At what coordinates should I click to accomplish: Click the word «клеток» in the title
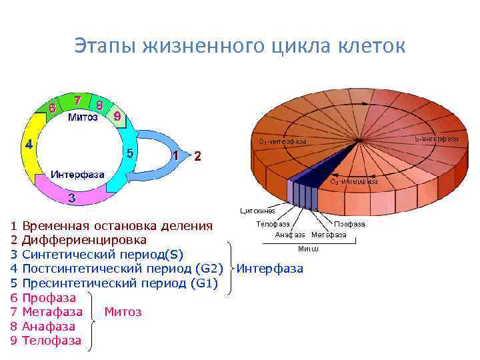click(367, 46)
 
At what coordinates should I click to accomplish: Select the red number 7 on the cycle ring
click(78, 101)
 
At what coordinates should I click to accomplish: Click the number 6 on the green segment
click(51, 107)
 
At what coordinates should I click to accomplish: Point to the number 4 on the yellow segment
click(29, 143)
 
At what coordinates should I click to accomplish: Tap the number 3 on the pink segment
click(71, 198)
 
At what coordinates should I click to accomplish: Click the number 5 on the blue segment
click(130, 153)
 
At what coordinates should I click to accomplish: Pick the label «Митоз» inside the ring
click(83, 118)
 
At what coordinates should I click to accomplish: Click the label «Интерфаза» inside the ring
click(79, 174)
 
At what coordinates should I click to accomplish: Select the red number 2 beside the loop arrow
click(197, 156)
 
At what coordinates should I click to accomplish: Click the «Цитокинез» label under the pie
click(257, 211)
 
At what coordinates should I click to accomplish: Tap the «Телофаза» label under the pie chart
click(273, 224)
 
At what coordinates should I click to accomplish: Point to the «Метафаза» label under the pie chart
click(329, 235)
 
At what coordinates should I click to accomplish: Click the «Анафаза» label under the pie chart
click(290, 235)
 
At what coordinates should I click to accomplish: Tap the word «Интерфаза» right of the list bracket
click(270, 269)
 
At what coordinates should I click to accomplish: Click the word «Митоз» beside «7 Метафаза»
click(123, 312)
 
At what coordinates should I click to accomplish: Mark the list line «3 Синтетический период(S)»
click(97, 254)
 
